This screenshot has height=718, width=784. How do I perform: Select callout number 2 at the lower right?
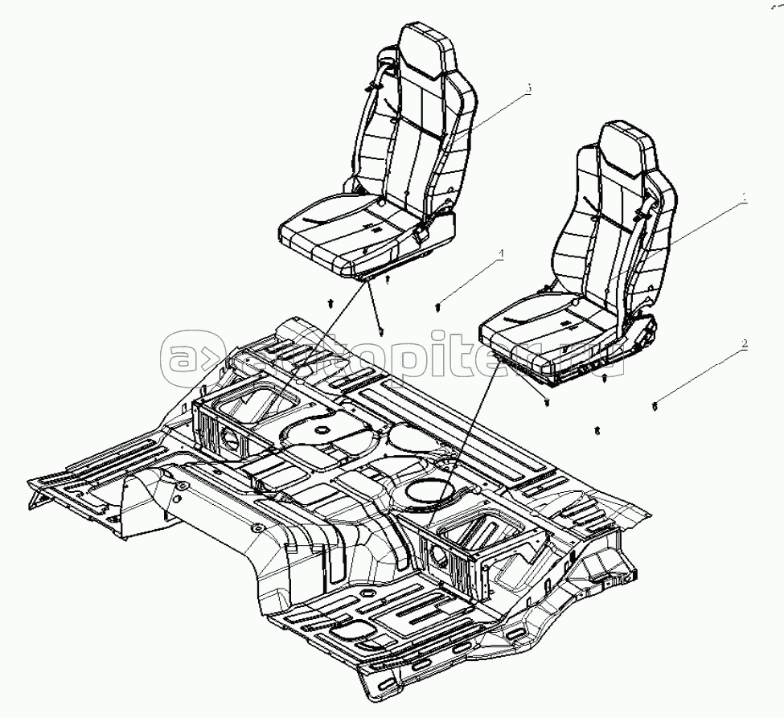coord(745,344)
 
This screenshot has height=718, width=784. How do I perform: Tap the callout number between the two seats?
coord(500,253)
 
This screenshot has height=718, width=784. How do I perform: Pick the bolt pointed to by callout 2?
coord(655,406)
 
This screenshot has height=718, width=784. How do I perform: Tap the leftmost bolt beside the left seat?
coord(330,304)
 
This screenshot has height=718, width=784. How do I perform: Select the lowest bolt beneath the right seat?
coord(597,431)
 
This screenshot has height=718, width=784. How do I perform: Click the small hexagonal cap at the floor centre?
coord(321,431)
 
